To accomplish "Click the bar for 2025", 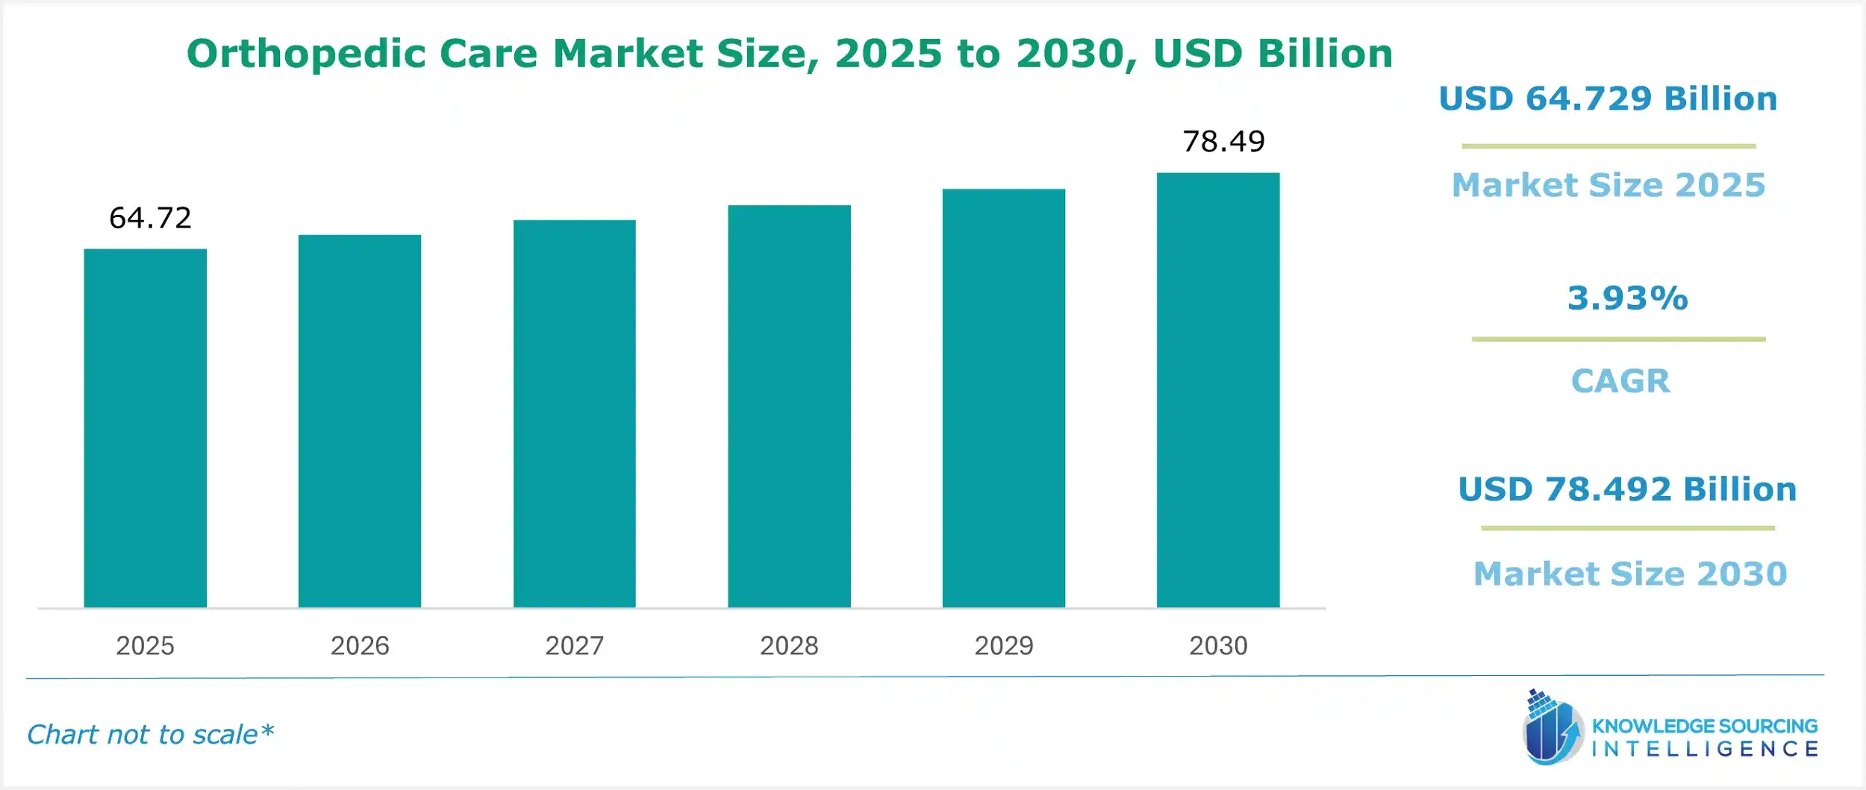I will [x=145, y=428].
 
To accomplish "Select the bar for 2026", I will [x=360, y=421].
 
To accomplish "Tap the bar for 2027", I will [x=574, y=414].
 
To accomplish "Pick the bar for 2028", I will [x=789, y=407].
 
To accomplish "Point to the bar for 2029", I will [x=1003, y=398].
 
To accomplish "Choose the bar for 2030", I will [x=1218, y=390].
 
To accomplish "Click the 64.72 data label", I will [x=150, y=218].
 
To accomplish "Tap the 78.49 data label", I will [x=1223, y=142].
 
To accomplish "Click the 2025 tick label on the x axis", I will [x=145, y=645].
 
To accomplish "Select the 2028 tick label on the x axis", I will [x=789, y=645].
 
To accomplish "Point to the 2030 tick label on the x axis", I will [x=1218, y=645].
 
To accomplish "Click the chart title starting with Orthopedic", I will [x=789, y=54].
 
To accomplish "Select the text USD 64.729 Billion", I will [x=1608, y=98].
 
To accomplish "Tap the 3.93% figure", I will [x=1627, y=298].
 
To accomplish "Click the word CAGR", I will [x=1620, y=381].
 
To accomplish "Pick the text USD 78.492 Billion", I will [x=1627, y=489].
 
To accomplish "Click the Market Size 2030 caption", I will [x=1630, y=574].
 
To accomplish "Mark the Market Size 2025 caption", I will [x=1608, y=185].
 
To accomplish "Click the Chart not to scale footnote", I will [x=150, y=735].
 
